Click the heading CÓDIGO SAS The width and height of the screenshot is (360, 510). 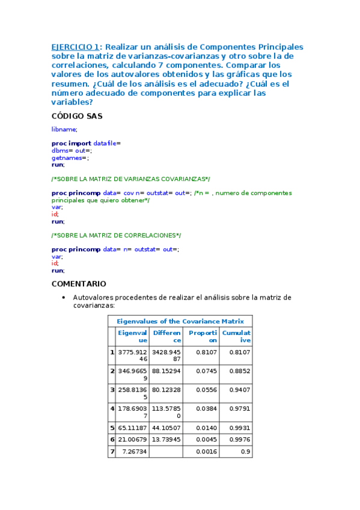(x=77, y=117)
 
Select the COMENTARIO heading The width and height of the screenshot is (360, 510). (x=79, y=283)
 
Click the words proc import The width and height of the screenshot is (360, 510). (x=72, y=143)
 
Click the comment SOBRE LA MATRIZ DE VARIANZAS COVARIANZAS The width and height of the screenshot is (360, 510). (x=131, y=179)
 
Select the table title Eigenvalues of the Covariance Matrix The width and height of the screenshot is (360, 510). (x=180, y=321)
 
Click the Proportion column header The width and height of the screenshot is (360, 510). (x=202, y=336)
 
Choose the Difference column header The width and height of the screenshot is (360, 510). (x=166, y=336)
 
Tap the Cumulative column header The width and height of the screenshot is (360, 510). (x=236, y=336)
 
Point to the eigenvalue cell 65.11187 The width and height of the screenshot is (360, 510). (x=133, y=428)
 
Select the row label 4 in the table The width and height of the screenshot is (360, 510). (x=112, y=409)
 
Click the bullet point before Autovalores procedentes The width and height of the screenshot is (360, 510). (x=64, y=298)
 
